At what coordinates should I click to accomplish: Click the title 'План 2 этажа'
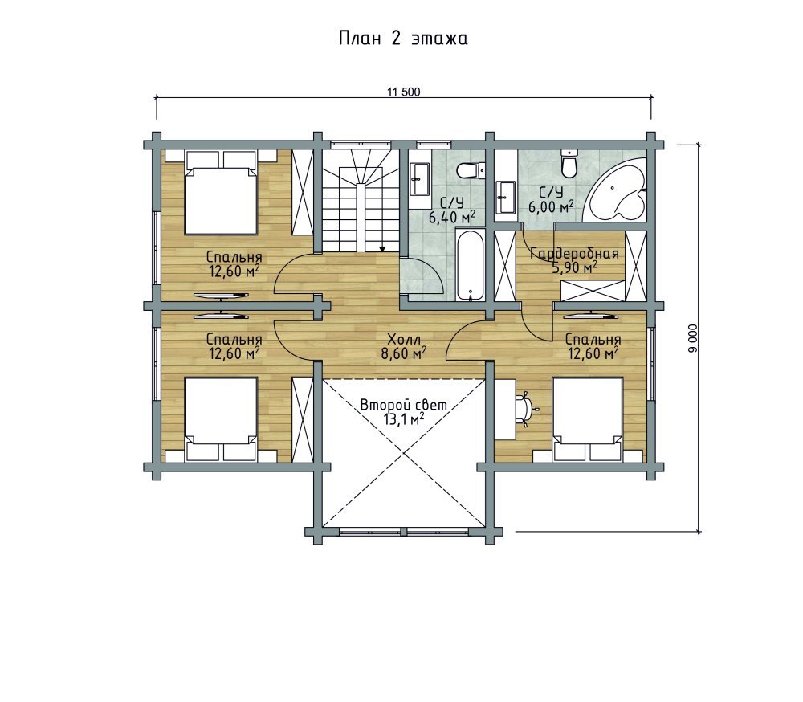coord(403,39)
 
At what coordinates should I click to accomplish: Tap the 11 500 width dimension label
coord(404,92)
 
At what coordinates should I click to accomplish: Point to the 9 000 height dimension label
coord(693,338)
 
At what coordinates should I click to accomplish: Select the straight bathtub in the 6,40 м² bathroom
coord(470,266)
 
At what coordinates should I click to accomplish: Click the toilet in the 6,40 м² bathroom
coord(471,169)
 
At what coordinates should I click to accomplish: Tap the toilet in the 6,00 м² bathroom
coord(569,161)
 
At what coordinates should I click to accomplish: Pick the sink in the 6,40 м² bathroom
coord(421,179)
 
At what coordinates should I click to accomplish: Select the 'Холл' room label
coord(404,339)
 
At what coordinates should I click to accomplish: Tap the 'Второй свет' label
coord(404,405)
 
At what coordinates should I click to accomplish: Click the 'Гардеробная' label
coord(575,254)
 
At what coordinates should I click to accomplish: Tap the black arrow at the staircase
coord(382,248)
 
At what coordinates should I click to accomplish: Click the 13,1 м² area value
coord(404,419)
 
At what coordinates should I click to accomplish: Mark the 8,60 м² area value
coord(404,353)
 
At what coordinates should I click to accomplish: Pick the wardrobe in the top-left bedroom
coord(301,192)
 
